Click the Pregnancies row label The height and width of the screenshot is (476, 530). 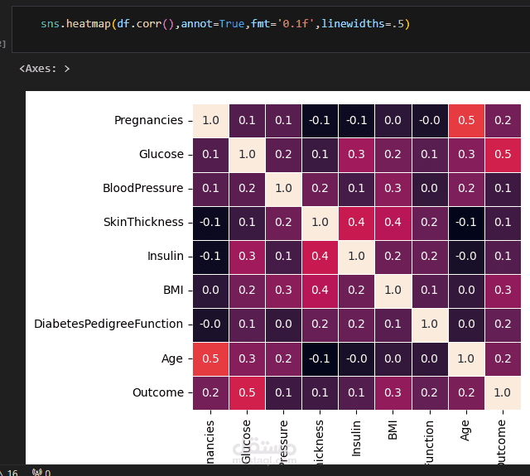[x=148, y=121]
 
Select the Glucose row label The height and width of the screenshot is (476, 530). [x=161, y=155]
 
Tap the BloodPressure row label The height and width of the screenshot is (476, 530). [x=142, y=189]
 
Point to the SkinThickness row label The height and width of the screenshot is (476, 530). [x=142, y=223]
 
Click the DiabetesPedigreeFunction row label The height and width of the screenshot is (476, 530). [x=108, y=325]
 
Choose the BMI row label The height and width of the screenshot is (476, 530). [x=172, y=291]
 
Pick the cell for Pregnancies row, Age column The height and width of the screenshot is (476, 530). [x=465, y=121]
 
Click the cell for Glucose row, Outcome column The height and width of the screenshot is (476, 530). [x=502, y=155]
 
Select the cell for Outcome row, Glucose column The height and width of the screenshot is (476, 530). [x=248, y=392]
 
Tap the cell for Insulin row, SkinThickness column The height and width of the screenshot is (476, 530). [x=320, y=257]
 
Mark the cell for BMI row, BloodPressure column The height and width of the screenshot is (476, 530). [x=284, y=291]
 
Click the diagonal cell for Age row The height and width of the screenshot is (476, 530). [x=465, y=358]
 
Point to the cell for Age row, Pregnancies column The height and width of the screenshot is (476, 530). [x=211, y=358]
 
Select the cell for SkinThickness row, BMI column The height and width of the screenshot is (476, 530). [x=393, y=223]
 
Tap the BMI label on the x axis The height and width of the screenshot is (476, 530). [x=393, y=430]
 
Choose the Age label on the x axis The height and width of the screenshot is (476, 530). [x=465, y=430]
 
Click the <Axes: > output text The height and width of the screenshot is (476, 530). [x=45, y=69]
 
